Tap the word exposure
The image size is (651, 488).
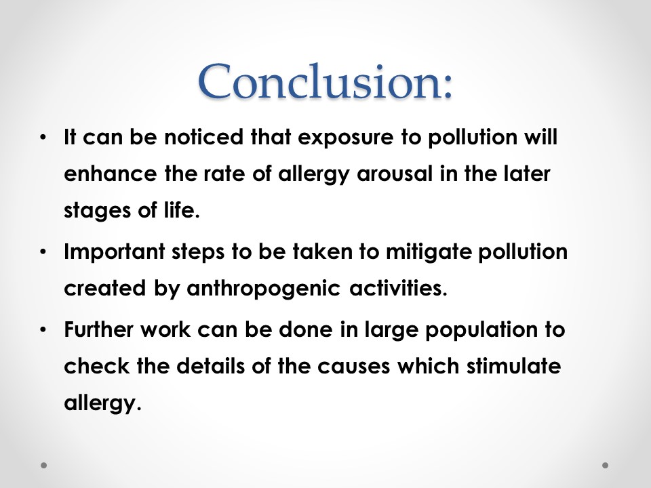click(345, 138)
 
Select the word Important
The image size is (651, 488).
click(114, 253)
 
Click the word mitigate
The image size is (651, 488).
click(429, 253)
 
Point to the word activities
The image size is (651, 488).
click(398, 287)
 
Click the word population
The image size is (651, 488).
click(481, 331)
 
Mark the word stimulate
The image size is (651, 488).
click(513, 365)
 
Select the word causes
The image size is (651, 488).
click(354, 367)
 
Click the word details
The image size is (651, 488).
click(210, 365)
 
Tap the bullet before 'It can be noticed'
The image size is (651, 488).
click(43, 137)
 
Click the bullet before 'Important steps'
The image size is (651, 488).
click(43, 251)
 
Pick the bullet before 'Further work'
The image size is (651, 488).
click(43, 330)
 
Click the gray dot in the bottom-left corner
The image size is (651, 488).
click(43, 465)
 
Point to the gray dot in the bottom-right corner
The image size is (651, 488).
click(606, 465)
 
